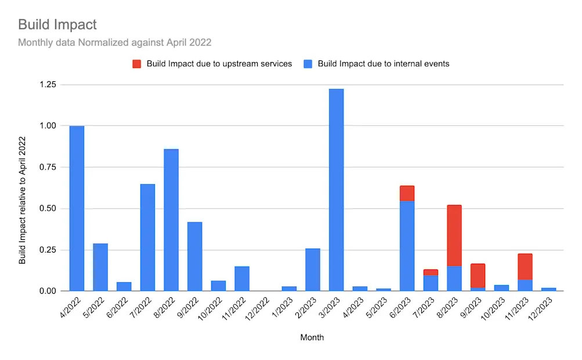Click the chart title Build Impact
pos(57,24)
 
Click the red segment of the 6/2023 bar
pos(407,193)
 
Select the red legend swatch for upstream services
pos(137,64)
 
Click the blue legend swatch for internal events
pos(308,64)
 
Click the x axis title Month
pos(312,337)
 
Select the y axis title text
pos(23,200)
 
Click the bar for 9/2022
pos(195,256)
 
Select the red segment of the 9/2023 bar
pos(478,275)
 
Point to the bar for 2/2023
pos(313,269)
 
